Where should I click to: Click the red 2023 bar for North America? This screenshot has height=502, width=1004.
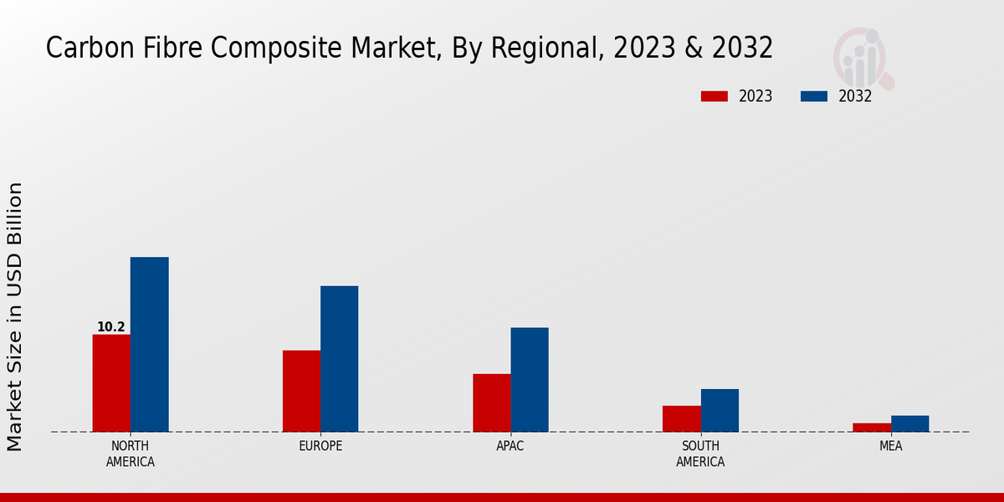(111, 383)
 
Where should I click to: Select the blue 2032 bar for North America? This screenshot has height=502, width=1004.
(149, 344)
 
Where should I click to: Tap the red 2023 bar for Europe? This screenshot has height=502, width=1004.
(301, 391)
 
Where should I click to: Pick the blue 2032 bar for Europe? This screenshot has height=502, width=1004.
(339, 359)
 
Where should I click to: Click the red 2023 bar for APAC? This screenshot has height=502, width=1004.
(491, 402)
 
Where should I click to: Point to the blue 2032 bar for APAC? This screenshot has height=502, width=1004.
(530, 380)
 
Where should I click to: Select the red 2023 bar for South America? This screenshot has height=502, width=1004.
(681, 418)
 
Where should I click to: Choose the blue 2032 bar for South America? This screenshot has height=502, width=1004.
(720, 410)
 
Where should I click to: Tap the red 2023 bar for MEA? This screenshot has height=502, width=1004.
(872, 428)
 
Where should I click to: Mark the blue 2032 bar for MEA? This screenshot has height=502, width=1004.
(909, 423)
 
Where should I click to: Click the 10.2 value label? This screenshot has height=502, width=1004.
(111, 327)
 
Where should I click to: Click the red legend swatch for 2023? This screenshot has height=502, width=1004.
(714, 96)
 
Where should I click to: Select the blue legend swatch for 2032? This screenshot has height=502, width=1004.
(813, 96)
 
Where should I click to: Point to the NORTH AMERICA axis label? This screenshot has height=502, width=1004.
(131, 453)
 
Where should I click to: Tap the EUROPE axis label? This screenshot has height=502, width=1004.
(320, 446)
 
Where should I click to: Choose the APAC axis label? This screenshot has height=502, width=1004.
(510, 446)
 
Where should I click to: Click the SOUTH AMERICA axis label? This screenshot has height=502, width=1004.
(700, 453)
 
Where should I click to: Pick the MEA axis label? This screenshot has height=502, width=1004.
(890, 446)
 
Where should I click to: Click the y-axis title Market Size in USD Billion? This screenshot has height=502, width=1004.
(15, 316)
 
